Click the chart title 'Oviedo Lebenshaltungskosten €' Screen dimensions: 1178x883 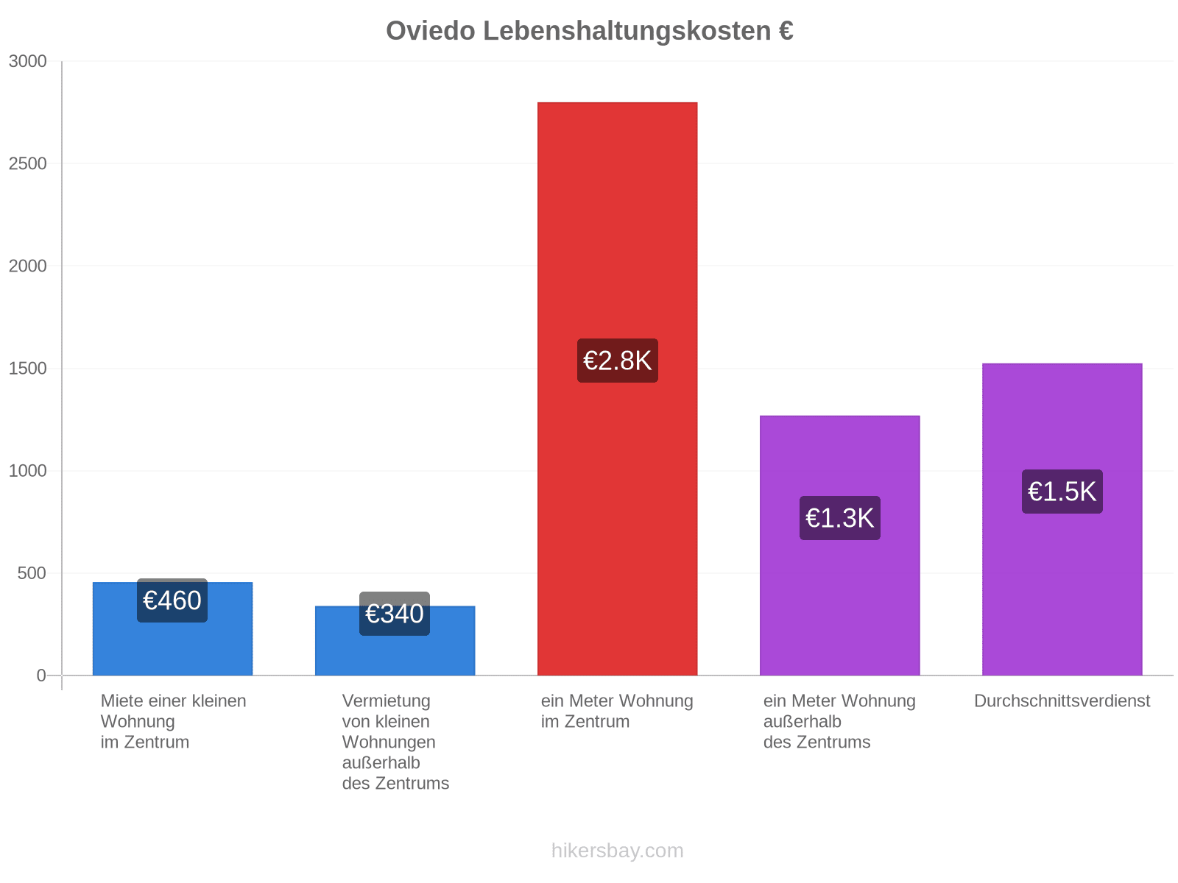coord(589,31)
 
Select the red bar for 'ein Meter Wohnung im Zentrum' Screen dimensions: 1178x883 coord(617,389)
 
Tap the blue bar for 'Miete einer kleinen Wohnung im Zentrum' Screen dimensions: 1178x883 coord(172,628)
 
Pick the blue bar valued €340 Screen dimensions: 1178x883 coord(395,641)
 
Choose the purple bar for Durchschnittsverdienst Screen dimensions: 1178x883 coord(1062,519)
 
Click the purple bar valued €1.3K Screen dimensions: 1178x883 coord(839,545)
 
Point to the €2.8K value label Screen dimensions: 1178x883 coord(617,361)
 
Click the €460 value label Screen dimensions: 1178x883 coord(172,600)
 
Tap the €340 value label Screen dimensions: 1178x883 coord(395,614)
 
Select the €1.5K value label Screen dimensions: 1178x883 coord(1062,491)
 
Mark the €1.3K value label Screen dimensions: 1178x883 coord(839,517)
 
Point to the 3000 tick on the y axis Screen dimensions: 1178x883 coord(27,61)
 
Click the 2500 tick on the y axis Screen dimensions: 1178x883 coord(27,163)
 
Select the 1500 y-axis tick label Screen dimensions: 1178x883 coord(27,369)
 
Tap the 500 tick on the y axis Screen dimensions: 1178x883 coord(32,573)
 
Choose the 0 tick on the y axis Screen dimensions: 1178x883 coord(41,675)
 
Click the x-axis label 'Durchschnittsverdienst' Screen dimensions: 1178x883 coord(1062,701)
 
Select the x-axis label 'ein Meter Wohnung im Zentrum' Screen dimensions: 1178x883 coord(617,711)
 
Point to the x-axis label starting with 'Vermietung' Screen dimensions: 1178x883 coord(395,742)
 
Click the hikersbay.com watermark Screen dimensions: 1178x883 coord(617,851)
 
